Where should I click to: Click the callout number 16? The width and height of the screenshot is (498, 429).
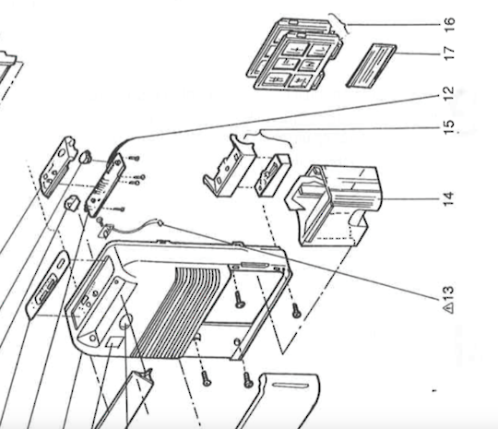(x=450, y=24)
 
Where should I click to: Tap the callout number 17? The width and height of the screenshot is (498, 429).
(x=450, y=53)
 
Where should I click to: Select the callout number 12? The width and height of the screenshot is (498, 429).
(x=449, y=94)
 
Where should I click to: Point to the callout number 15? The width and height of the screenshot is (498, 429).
(x=449, y=127)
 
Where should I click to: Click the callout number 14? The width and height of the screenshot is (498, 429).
(x=448, y=199)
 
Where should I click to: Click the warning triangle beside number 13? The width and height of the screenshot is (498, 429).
(x=449, y=307)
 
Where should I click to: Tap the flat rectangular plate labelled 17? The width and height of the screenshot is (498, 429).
(x=371, y=66)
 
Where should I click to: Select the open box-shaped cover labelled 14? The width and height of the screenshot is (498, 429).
(x=334, y=206)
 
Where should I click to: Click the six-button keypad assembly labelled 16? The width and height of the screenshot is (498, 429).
(x=294, y=54)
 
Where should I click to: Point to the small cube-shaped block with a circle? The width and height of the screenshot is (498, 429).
(x=74, y=203)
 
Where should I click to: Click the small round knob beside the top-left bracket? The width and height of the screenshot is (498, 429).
(x=85, y=157)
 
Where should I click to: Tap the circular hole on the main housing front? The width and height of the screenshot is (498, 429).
(x=125, y=322)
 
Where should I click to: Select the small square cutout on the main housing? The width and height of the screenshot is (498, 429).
(x=113, y=341)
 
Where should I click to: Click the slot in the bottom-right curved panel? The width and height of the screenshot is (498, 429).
(x=290, y=386)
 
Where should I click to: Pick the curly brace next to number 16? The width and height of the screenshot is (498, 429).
(x=338, y=24)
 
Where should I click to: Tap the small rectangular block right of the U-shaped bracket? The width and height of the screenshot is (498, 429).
(x=272, y=175)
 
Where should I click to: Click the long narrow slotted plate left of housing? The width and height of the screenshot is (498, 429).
(x=47, y=284)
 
